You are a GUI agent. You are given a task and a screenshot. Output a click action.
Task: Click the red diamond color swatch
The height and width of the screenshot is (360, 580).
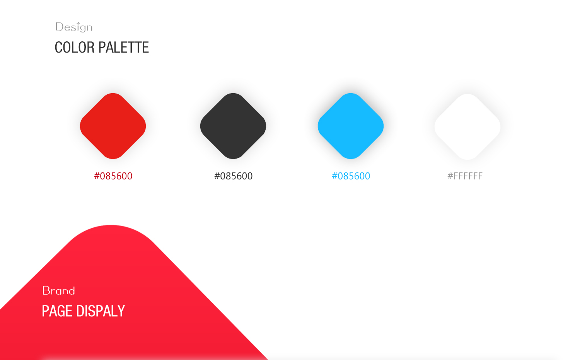coord(113,126)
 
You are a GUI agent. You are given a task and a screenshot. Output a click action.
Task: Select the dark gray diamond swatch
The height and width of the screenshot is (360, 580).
coord(233,126)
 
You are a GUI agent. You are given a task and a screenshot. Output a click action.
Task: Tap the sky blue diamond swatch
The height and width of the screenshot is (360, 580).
coord(351,126)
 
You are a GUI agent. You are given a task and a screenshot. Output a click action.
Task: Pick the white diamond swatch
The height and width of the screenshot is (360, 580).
coord(467,127)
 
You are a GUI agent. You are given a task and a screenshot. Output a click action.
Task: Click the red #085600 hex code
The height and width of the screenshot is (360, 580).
coord(113,176)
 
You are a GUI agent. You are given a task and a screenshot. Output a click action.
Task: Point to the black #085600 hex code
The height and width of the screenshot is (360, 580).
coord(233,176)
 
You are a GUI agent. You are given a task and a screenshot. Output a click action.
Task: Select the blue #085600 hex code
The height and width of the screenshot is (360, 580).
coord(351,176)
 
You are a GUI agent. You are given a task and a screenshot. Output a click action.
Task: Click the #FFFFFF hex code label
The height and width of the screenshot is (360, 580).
coord(465,176)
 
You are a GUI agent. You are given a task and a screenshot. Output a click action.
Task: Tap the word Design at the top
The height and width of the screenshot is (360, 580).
coord(74,27)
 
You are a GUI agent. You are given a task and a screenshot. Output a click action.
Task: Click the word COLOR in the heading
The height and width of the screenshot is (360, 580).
coord(75,48)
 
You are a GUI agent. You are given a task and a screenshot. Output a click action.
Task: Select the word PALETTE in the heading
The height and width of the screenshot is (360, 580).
coord(123,48)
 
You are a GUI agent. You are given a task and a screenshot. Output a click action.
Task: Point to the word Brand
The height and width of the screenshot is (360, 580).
coord(58,291)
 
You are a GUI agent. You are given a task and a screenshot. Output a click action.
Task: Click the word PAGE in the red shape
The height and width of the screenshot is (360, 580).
coord(57,311)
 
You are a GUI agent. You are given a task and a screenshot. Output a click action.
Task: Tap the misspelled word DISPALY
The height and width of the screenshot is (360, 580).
coord(101,311)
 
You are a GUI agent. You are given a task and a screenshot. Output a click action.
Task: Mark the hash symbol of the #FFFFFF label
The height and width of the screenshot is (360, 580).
coord(450,176)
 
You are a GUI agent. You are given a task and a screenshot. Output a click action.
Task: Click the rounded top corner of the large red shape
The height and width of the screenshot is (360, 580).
coord(111,225)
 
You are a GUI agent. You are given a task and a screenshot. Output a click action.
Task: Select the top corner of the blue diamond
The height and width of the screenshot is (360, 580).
coord(351,93)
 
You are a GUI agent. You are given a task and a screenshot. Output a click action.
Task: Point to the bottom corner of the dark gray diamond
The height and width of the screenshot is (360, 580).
coord(233,159)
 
